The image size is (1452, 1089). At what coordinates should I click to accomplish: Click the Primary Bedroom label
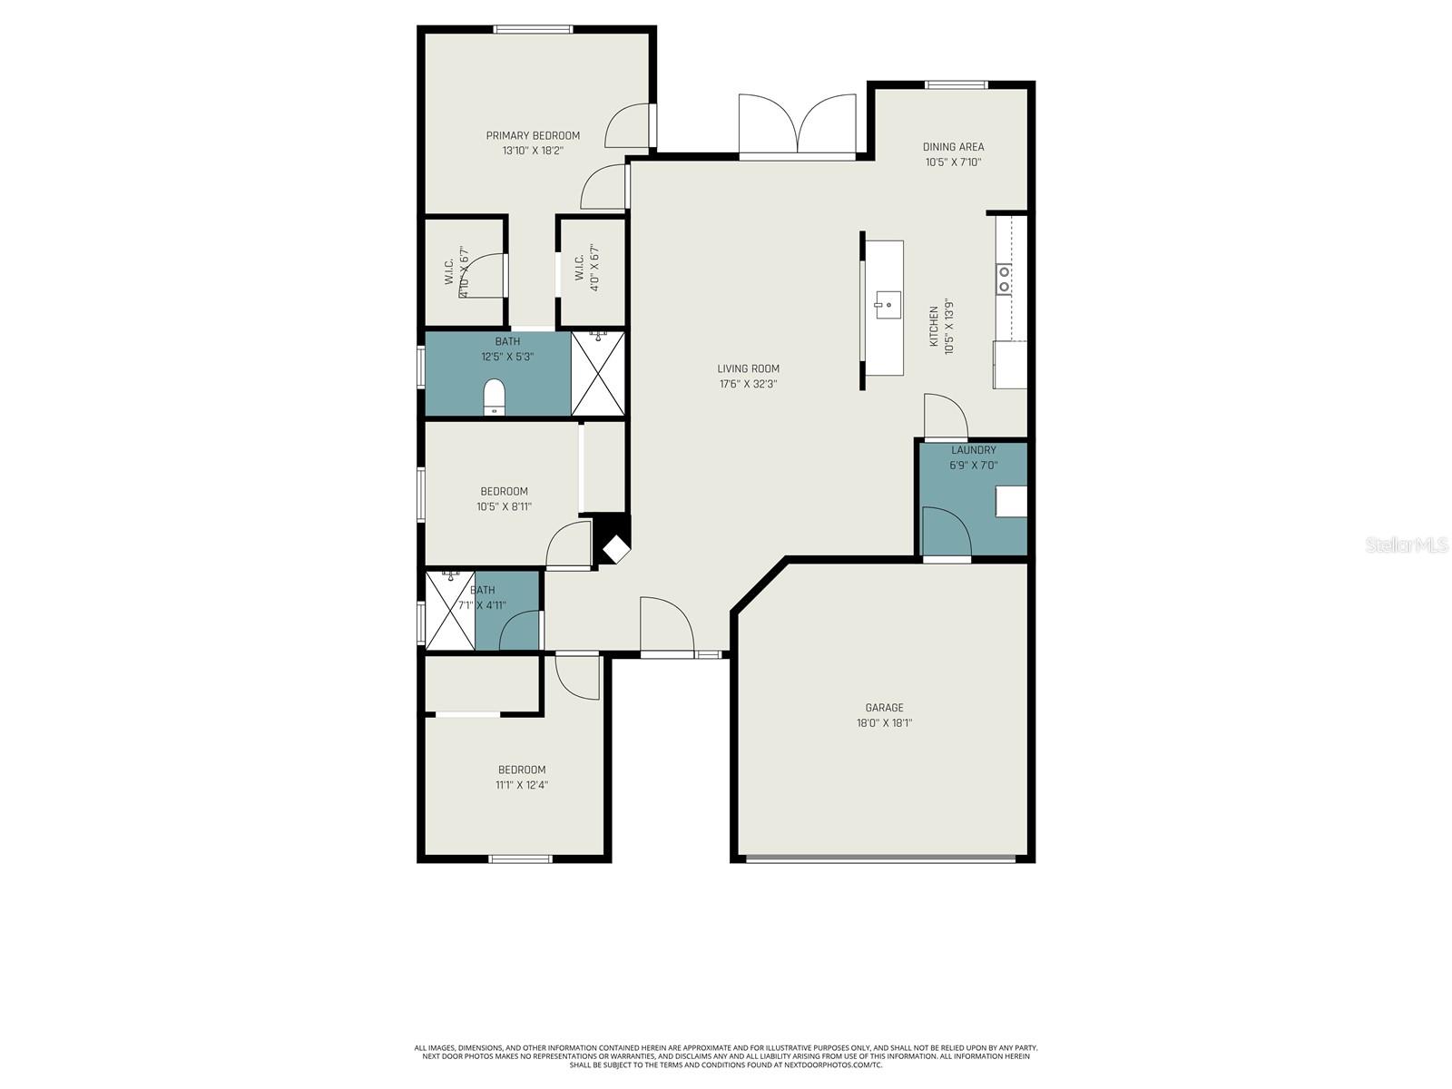pyautogui.click(x=533, y=136)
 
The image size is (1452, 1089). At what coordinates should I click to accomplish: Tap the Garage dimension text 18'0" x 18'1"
pyautogui.click(x=883, y=723)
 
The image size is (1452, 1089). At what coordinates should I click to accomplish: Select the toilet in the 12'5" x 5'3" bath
pyautogui.click(x=494, y=396)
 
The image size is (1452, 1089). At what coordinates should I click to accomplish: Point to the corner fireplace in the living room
pyautogui.click(x=614, y=547)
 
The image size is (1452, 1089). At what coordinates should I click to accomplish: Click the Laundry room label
pyautogui.click(x=973, y=450)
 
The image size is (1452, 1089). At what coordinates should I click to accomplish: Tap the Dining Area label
pyautogui.click(x=953, y=147)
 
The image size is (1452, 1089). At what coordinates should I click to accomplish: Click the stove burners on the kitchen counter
pyautogui.click(x=1004, y=279)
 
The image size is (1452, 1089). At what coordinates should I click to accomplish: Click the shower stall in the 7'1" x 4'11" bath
pyautogui.click(x=450, y=610)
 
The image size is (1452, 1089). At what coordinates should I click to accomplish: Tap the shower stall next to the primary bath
pyautogui.click(x=598, y=374)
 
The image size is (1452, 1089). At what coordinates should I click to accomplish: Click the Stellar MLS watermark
pyautogui.click(x=1407, y=544)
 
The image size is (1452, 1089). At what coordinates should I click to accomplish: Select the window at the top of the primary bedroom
pyautogui.click(x=533, y=30)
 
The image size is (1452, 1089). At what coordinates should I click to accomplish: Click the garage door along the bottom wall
pyautogui.click(x=880, y=857)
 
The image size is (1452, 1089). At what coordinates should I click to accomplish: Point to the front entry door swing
pyautogui.click(x=665, y=626)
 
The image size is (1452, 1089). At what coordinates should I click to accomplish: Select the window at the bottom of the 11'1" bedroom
pyautogui.click(x=520, y=858)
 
